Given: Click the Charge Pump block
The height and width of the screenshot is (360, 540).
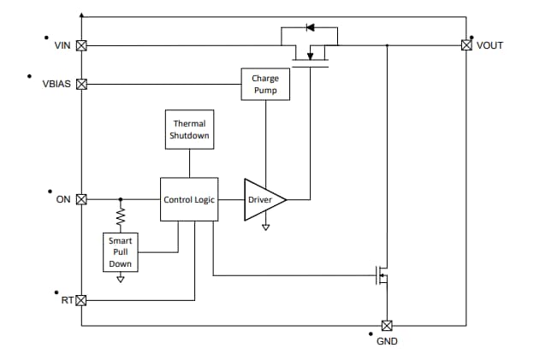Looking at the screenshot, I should coord(264,85).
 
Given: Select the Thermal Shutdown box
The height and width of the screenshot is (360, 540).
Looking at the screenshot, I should coord(188,130).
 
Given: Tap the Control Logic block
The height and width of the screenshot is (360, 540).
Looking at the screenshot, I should coord(188,199).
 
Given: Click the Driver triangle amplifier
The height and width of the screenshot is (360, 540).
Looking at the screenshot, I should coord(262,199).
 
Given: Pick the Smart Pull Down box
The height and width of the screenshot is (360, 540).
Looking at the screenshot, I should coord(120,252).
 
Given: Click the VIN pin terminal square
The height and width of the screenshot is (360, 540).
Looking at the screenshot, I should coord(82,45).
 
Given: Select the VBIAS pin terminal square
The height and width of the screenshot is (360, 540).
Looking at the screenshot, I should coord(82,85).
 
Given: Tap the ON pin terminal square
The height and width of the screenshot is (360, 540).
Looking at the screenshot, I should coord(82,199).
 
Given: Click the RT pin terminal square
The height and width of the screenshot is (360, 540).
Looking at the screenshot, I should coord(82,300).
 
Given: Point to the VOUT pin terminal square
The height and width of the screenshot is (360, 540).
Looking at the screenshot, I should coord(466,45).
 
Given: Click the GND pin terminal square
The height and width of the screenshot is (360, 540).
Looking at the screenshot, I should coord(386,325).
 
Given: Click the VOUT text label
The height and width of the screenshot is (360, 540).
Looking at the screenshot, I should coord(490,45).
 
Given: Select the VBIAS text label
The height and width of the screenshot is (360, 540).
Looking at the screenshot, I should coord(56,85).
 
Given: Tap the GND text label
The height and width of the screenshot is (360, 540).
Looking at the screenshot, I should coord(387,342).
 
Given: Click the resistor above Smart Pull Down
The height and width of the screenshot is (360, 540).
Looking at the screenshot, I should coord(120,216).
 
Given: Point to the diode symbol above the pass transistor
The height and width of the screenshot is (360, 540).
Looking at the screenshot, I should coord(310,27).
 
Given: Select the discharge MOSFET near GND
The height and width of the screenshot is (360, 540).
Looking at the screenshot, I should coord(381,275).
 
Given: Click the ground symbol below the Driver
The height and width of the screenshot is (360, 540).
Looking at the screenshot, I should coord(265,227).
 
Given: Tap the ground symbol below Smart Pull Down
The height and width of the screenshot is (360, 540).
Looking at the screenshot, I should coord(120,278).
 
